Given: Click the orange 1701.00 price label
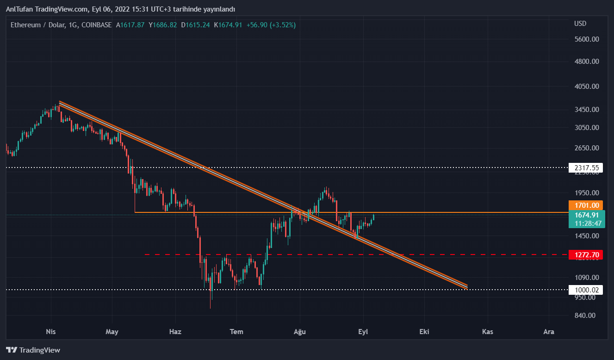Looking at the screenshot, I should [586, 205].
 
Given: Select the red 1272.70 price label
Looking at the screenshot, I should [586, 255].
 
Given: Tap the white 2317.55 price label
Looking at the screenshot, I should [586, 168].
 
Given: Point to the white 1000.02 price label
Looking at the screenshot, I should [586, 290].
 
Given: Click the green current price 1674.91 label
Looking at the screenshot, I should [586, 215].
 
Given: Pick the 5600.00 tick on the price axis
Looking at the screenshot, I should [586, 39].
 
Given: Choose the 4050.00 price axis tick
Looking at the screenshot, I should [586, 87].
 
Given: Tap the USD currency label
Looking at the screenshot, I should [580, 24].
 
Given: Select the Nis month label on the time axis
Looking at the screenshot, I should [51, 332].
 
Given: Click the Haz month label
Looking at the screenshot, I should [175, 332].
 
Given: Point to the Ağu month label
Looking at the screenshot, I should [300, 332].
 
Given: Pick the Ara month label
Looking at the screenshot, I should [549, 332].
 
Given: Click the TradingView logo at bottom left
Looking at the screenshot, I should [33, 350].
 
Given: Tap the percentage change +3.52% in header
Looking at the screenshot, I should [284, 25].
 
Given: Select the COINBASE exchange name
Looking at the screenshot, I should [96, 25].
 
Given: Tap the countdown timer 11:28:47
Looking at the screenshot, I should [588, 223].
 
